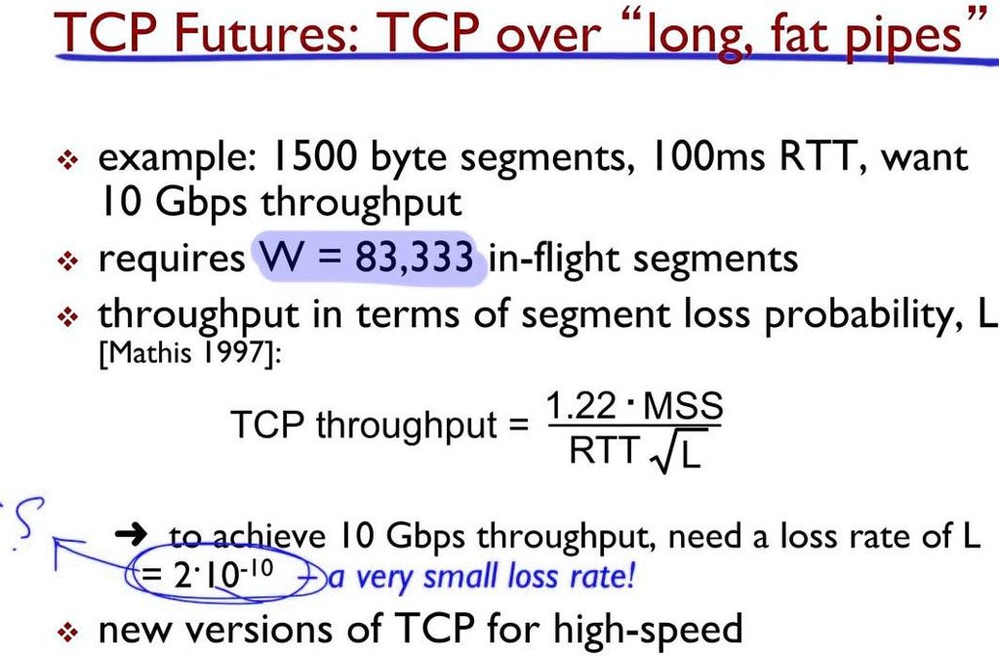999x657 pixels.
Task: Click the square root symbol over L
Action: (x=667, y=454)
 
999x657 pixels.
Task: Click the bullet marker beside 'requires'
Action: (x=67, y=262)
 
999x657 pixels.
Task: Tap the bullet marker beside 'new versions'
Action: (x=67, y=632)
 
